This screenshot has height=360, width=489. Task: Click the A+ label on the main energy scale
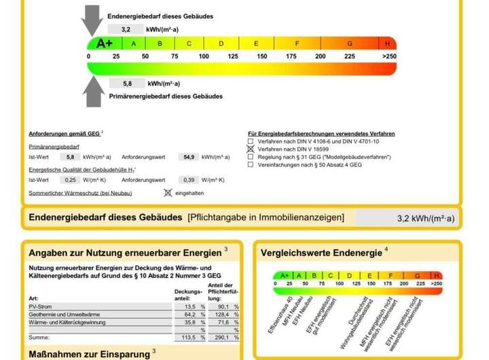click(105, 43)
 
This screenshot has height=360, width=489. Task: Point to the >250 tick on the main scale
click(389, 56)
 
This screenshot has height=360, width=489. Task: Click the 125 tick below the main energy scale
click(233, 56)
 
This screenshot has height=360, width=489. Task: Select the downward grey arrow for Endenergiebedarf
click(92, 21)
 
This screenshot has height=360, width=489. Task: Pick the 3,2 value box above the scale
click(126, 30)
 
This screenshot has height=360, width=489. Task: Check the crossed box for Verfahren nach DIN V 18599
click(251, 149)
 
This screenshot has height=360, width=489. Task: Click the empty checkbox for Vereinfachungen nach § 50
click(251, 164)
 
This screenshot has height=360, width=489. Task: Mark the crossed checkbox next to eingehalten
click(168, 193)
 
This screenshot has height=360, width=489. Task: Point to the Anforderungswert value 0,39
click(189, 179)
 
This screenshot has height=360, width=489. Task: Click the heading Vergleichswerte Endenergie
click(321, 253)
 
